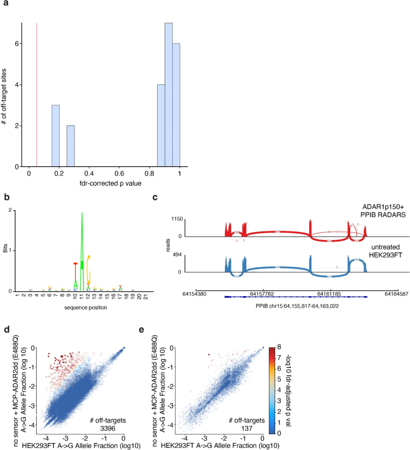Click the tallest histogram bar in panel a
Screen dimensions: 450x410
pos(169,95)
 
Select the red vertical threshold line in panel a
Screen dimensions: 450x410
pos(37,95)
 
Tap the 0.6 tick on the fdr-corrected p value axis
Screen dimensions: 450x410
pos(119,174)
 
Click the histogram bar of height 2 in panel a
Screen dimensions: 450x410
pos(71,146)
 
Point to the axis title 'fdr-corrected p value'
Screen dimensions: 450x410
pos(110,183)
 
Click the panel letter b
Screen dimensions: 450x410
pos(6,197)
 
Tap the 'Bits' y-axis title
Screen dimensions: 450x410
pos(5,249)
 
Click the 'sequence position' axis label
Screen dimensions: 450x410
pos(85,308)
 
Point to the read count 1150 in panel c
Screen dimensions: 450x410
pos(177,219)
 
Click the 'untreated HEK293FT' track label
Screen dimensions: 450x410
pos(385,251)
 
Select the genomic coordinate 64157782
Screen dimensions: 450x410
pos(262,294)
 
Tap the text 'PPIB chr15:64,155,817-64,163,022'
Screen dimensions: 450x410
pos(297,306)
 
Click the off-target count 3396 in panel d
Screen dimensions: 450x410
pos(107,428)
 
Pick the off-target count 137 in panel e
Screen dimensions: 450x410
pos(247,428)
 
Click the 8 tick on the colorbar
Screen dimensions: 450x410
pos(279,347)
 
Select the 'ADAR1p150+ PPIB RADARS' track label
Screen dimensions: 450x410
pos(383,211)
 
